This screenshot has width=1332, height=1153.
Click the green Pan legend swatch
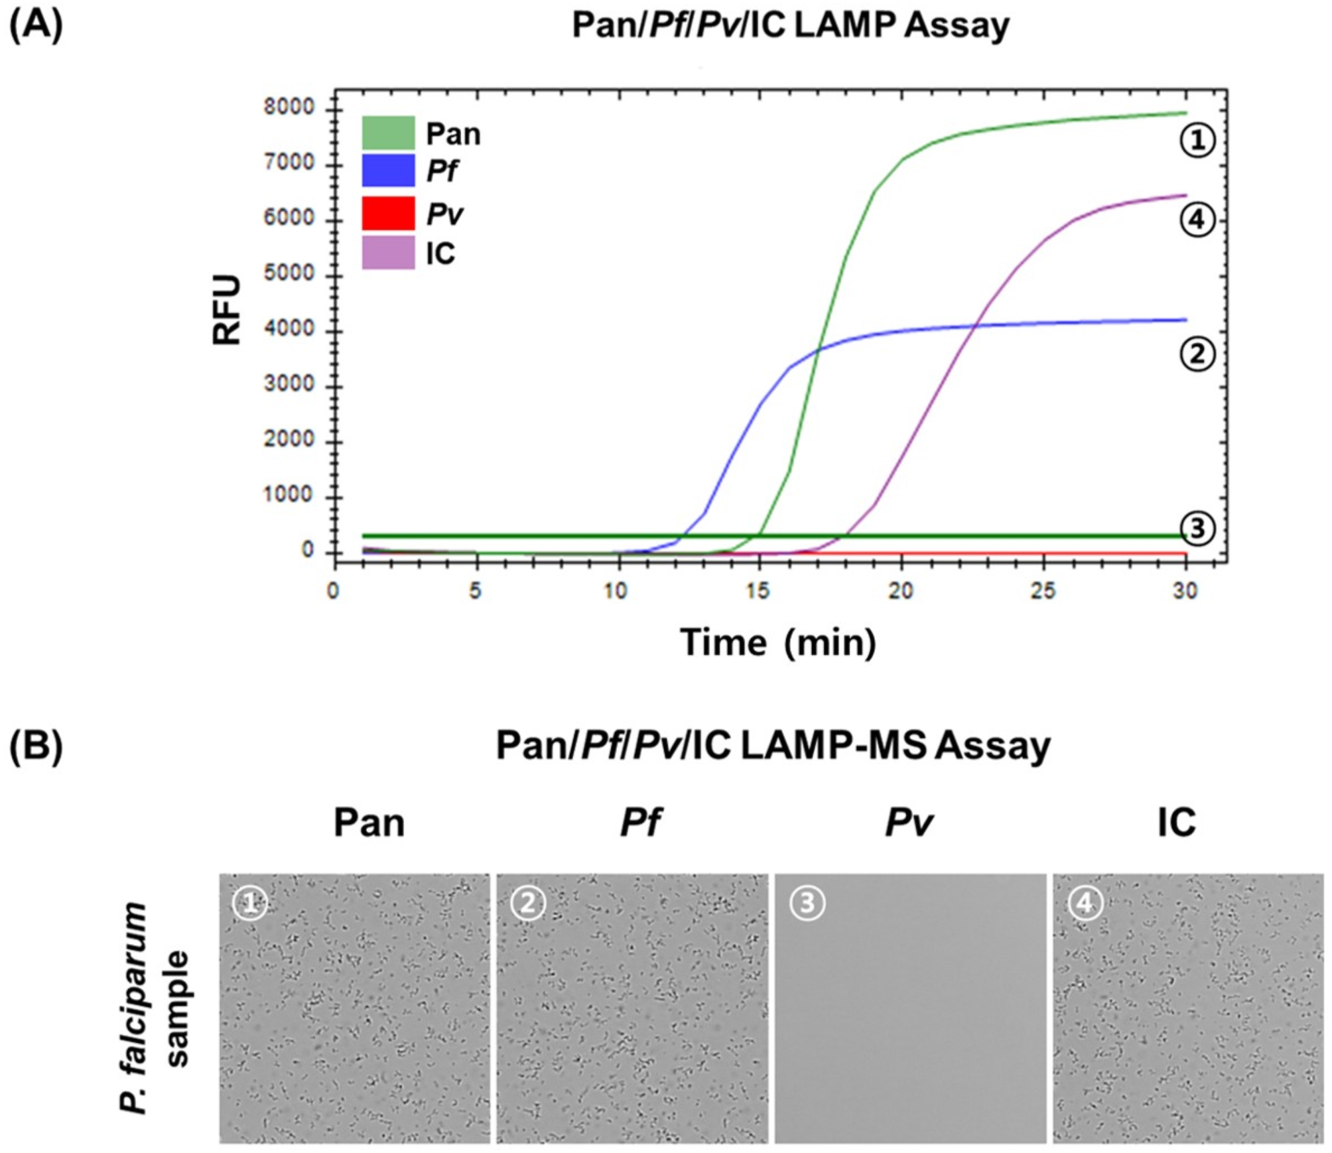(388, 133)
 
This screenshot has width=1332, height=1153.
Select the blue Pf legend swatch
(388, 170)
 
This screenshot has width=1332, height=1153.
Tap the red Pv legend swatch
(388, 213)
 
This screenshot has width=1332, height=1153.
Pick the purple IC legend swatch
(388, 253)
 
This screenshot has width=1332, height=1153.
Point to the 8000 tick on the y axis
(289, 107)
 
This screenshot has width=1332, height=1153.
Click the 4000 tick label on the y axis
(289, 329)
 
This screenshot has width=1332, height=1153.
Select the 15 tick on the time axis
(758, 590)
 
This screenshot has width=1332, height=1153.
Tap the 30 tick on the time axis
(1185, 590)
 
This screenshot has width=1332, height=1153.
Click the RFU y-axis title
(227, 310)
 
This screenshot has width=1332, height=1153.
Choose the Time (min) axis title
(777, 643)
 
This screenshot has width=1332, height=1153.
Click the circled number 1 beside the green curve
(1197, 140)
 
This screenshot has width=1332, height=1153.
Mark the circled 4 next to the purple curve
(1197, 220)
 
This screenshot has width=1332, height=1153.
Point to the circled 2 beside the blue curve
(1197, 354)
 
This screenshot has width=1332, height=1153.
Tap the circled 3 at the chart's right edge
(1197, 529)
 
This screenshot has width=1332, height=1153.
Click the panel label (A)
(36, 25)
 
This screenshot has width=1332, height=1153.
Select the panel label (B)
(36, 745)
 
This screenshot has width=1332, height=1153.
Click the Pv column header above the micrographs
(909, 823)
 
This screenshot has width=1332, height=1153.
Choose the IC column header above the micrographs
(1176, 823)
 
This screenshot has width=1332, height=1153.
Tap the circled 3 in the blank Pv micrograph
(807, 903)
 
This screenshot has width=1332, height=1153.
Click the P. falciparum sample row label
(154, 1008)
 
